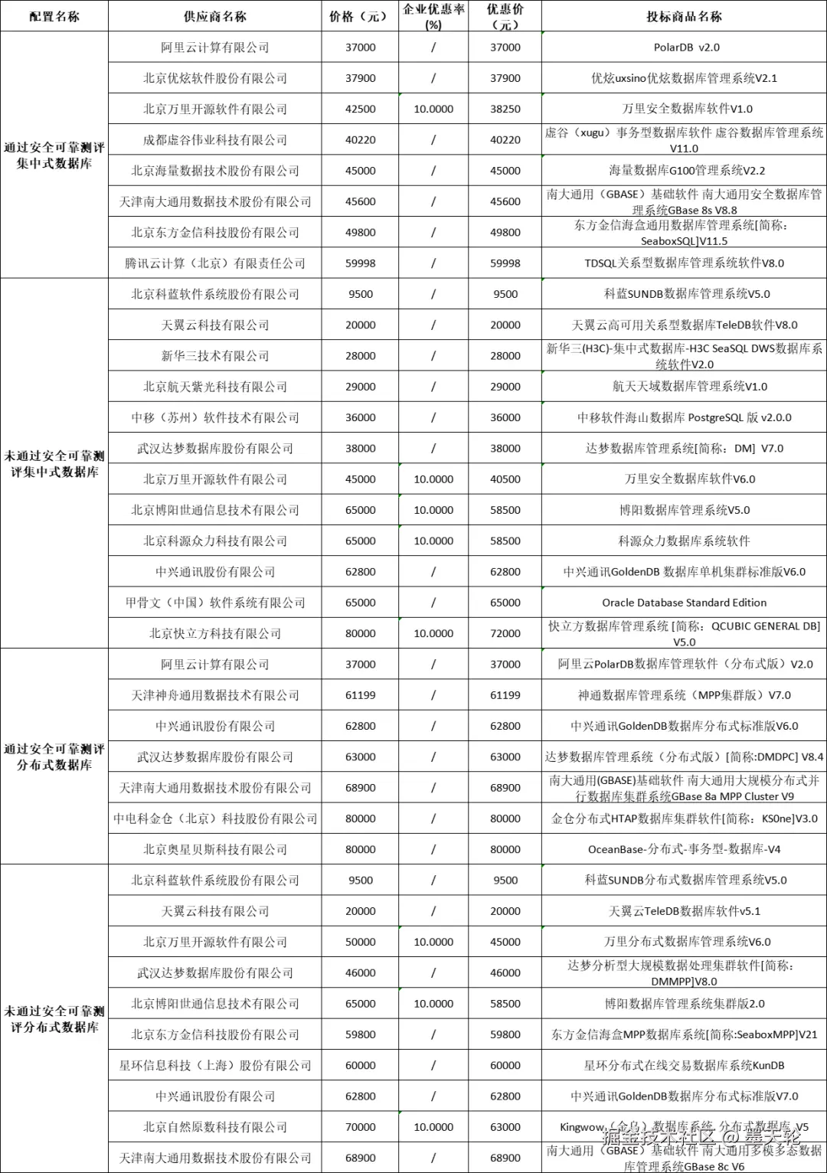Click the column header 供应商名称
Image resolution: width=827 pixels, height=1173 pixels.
coord(214,16)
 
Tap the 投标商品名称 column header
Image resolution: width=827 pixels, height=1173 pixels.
coord(684,16)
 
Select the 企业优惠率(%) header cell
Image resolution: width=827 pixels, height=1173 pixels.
coord(433,16)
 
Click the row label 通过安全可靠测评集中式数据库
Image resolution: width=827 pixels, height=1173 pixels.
coord(54,155)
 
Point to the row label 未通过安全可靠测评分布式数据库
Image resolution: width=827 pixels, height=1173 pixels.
coord(54,1019)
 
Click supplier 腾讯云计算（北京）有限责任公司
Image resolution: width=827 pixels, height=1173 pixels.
coord(214,263)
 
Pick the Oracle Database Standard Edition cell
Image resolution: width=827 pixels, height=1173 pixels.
coord(684,603)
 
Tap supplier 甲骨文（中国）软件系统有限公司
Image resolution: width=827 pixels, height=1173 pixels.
coord(214,603)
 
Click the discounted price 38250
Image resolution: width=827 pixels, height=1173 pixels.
coord(505,109)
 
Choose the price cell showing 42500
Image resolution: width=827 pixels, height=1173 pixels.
coord(361,109)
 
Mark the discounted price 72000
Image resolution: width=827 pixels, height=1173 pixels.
coord(505,634)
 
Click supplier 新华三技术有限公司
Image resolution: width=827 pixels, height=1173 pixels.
coord(214,356)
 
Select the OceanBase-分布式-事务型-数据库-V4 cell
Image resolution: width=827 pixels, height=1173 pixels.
coord(684,849)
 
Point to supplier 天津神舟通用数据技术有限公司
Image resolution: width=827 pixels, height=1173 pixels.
coord(214,695)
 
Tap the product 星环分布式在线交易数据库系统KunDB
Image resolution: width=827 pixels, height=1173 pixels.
coord(684,1065)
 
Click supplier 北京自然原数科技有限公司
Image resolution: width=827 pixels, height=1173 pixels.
coord(214,1127)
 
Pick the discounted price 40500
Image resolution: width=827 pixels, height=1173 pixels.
coord(505,479)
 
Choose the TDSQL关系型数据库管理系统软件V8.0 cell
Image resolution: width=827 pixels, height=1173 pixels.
coord(684,263)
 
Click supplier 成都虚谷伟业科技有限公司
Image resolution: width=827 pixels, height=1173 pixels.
coord(214,140)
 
